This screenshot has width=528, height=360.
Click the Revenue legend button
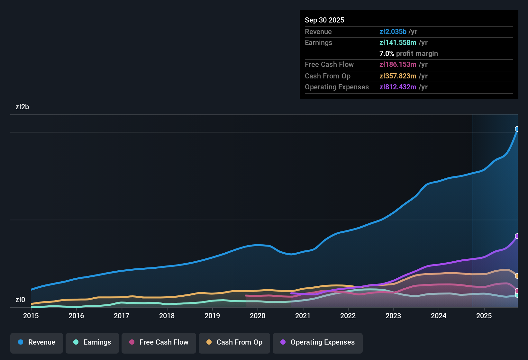point(37,342)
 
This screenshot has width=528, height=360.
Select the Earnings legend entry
point(92,342)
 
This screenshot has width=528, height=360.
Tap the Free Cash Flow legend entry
point(159,342)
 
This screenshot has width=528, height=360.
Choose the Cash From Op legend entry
point(234,342)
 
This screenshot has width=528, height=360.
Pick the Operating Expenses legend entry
point(318,342)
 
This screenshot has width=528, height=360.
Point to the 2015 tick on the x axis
point(31,316)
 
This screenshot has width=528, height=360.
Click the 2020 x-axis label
point(258,316)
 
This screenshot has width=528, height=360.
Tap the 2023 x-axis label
point(393,316)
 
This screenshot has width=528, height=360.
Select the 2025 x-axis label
point(484,316)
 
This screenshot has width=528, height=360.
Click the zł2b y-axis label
point(22,107)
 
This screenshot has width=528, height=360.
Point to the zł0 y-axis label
point(20,300)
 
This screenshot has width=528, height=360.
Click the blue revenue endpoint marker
point(517,129)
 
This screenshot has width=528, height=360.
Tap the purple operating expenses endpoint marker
point(517,236)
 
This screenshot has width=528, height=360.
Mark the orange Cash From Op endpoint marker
point(517,276)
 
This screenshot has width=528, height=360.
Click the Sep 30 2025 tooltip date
point(324,20)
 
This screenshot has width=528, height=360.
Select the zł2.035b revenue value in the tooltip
point(393,32)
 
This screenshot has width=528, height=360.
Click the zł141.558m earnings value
point(398,43)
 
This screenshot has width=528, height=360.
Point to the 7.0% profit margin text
point(408,54)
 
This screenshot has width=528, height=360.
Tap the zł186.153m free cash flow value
point(398,65)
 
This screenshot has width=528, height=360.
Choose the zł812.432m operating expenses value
point(398,87)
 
